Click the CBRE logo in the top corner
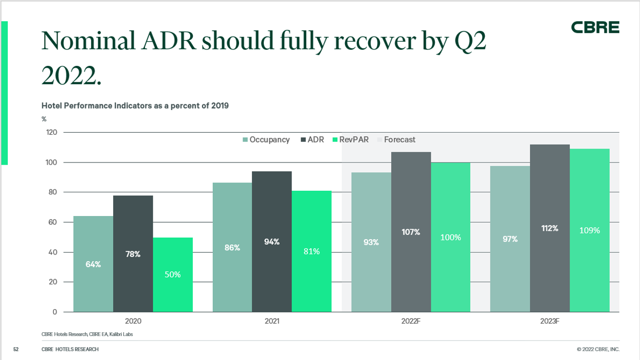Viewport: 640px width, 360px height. coord(595,28)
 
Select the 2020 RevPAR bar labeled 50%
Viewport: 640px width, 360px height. coord(173,275)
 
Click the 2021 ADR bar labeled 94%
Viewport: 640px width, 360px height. coord(272,242)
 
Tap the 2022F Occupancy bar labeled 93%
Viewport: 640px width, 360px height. coord(371,242)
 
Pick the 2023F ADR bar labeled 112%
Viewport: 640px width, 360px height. coord(550,228)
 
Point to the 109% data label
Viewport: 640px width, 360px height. coord(590,230)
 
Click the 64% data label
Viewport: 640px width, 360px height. coord(93,264)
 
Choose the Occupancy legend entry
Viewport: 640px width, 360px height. coord(266,139)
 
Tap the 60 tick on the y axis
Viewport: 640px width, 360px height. coord(53,222)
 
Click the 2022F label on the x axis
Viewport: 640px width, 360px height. coord(411,321)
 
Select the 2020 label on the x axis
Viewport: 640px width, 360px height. coord(133,321)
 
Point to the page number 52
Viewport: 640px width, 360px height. coord(15,350)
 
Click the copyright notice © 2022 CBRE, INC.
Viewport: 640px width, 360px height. coord(598,350)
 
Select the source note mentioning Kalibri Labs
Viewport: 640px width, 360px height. coord(87,334)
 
